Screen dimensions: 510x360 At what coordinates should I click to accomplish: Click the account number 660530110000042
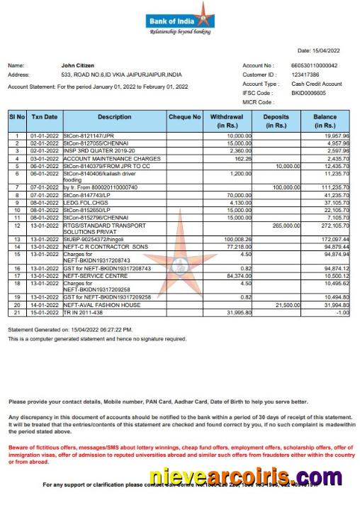click(315, 65)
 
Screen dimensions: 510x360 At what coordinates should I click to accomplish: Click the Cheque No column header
click(184, 116)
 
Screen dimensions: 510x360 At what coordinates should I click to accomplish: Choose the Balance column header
click(325, 121)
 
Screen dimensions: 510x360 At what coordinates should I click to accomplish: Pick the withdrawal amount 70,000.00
click(238, 194)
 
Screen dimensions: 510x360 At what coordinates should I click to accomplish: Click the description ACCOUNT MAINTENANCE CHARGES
click(101, 159)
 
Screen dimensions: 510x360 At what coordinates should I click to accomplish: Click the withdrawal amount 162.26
click(242, 159)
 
